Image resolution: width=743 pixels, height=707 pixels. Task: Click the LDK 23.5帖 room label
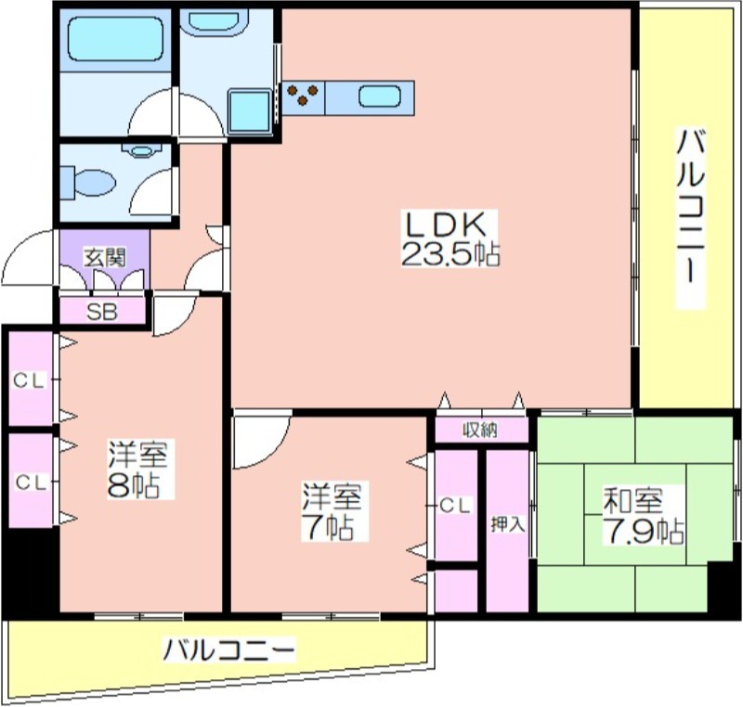pos(450,238)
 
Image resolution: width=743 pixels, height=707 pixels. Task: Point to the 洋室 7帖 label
pos(332,511)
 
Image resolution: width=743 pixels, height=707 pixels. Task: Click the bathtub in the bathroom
pos(115,39)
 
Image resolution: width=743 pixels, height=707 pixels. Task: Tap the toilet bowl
pos(89,181)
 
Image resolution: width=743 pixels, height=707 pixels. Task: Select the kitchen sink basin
pos(380,97)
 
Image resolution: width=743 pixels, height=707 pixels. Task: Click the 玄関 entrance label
pos(105,257)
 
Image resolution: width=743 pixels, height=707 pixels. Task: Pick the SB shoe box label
pos(101,312)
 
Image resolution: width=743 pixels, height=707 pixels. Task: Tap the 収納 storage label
pos(480,431)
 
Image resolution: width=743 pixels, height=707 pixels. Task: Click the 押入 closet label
pos(507,524)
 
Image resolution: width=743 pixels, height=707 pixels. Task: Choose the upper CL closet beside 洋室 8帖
pos(29,380)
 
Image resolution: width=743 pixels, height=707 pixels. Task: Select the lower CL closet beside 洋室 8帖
pos(31,482)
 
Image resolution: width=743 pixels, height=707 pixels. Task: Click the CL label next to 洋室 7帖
pos(455,506)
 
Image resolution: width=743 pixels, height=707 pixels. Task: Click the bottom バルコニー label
pos(228,650)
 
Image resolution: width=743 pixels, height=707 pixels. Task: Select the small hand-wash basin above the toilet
pos(141,151)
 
